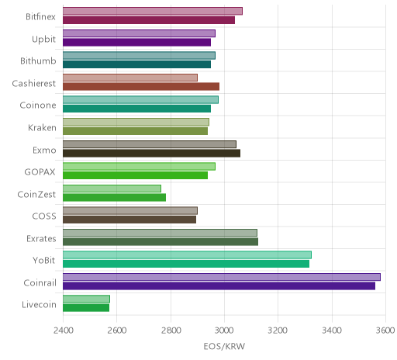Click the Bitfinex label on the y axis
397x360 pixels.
(40, 17)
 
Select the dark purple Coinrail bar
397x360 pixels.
(219, 286)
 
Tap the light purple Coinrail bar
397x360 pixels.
(222, 277)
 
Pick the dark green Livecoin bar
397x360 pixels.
(86, 308)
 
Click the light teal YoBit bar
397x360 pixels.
(187, 255)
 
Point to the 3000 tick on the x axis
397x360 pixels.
(224, 331)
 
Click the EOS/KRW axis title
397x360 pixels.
(224, 346)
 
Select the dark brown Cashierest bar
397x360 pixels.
(141, 87)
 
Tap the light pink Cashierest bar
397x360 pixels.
(130, 78)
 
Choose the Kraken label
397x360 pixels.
(42, 127)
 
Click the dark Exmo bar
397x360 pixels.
(151, 153)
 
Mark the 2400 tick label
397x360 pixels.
(64, 331)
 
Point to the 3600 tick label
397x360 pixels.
(385, 331)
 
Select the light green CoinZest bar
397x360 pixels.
(112, 189)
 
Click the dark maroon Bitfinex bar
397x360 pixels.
(149, 20)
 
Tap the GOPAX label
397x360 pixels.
(40, 172)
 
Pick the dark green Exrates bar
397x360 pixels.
(161, 242)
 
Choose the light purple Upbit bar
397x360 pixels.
(139, 33)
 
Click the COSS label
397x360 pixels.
(44, 216)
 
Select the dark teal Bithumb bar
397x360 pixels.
(136, 64)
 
